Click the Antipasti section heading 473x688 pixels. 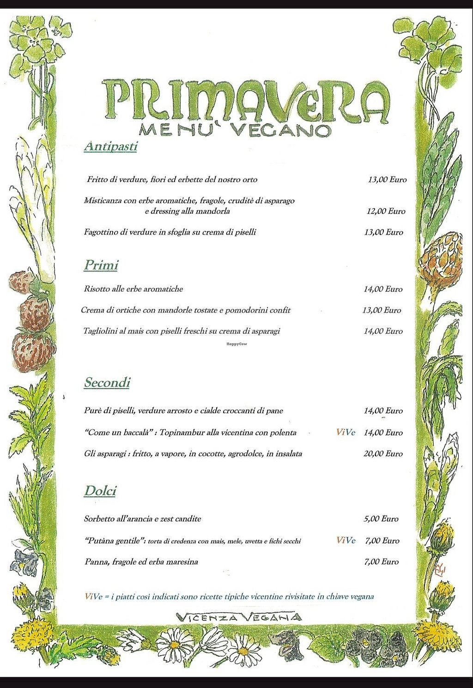point(110,147)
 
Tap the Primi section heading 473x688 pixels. point(101,265)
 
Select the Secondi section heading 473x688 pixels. point(107,382)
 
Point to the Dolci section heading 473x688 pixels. point(100,491)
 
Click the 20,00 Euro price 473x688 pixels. point(383,453)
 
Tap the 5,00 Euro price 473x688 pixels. point(381,519)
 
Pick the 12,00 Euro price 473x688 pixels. point(386,211)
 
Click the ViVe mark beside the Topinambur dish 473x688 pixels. point(346,433)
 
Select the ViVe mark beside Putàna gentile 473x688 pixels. point(346,541)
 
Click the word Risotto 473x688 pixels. point(97,289)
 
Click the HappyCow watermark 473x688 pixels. point(236,344)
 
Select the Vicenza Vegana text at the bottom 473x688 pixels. point(240,617)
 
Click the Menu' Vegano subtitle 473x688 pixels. point(235,130)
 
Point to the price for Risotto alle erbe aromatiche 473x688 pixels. point(383,289)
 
